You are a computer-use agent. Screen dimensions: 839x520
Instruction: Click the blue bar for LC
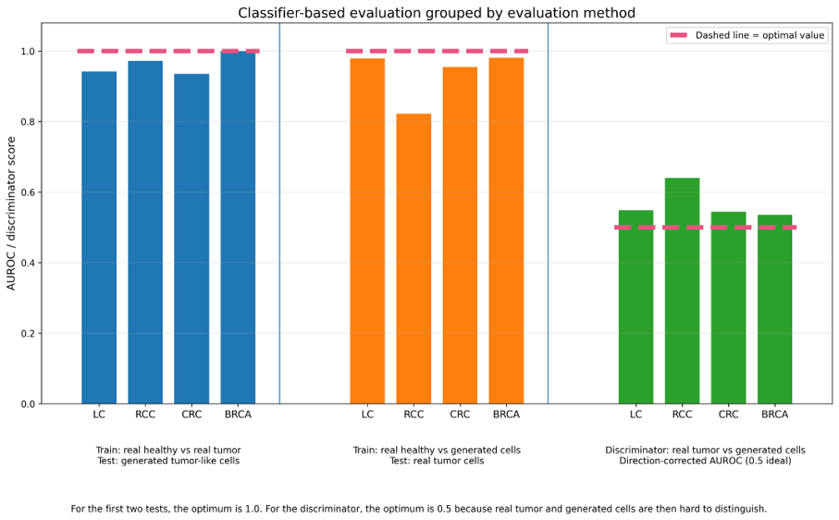tap(99, 238)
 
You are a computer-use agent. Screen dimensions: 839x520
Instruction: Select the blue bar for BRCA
tap(238, 228)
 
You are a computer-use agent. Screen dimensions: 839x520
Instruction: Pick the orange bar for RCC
tap(413, 259)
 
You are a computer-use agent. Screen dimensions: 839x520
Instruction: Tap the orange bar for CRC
tap(460, 235)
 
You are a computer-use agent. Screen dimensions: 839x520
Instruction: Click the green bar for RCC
tap(683, 291)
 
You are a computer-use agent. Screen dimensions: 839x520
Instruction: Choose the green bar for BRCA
tap(775, 309)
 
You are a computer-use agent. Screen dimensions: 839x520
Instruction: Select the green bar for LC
tap(636, 307)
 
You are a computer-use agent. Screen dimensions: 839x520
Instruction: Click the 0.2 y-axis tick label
tap(28, 333)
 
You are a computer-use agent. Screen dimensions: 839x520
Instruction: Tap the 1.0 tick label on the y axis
tap(28, 52)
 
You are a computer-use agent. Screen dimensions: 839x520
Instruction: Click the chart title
tap(437, 12)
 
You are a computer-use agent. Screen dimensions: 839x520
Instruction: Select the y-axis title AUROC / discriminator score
tap(11, 214)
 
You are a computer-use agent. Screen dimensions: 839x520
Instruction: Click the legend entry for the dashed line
tap(747, 35)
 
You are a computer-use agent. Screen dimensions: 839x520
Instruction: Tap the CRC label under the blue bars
tap(191, 415)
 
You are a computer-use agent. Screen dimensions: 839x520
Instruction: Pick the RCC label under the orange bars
tap(413, 415)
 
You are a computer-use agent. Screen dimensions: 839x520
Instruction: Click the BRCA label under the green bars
tap(775, 415)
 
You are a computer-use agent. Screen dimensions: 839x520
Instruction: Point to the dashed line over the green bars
tap(705, 228)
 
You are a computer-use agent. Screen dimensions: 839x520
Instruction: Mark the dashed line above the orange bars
tap(438, 52)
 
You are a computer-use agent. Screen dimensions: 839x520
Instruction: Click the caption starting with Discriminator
tap(705, 455)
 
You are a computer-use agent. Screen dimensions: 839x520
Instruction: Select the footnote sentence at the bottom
tap(419, 509)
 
